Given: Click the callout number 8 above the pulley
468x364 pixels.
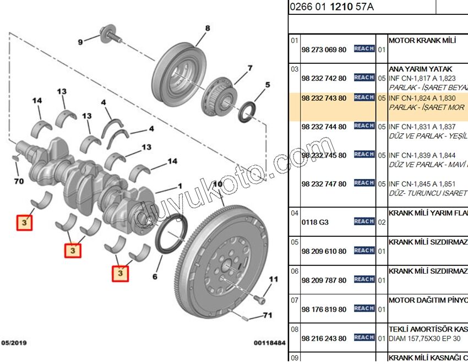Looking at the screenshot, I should click(208, 29).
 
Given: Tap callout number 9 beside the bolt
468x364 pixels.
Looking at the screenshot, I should click(80, 41).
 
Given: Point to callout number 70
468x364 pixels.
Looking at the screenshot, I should click(18, 181).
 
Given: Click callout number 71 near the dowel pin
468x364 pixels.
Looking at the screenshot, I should click(268, 316).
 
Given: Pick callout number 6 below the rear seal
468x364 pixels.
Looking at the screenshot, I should click(155, 276).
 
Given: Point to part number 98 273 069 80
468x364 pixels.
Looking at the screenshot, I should click(324, 50).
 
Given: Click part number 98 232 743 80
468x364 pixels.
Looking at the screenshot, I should click(324, 98).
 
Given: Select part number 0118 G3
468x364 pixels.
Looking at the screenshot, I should click(315, 222).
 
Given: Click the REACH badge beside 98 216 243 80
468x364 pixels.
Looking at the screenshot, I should click(364, 338).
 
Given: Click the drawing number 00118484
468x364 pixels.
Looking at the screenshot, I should click(270, 343).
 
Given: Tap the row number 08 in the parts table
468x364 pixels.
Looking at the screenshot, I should click(294, 329).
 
